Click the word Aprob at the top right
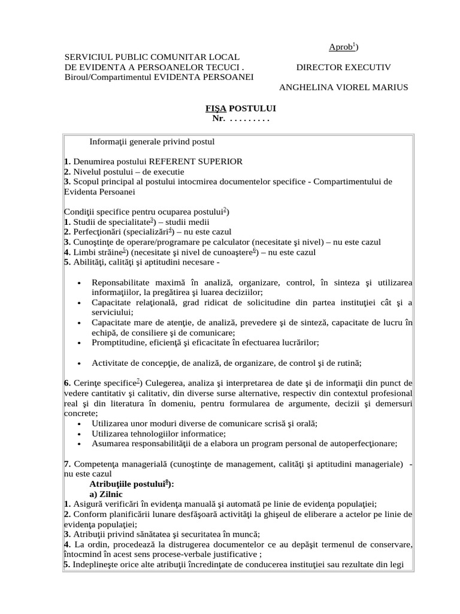(x=340, y=47)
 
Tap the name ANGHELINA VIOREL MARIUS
(x=343, y=87)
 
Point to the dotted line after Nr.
(x=250, y=118)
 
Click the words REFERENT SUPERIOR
(x=196, y=161)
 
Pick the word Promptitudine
(x=119, y=342)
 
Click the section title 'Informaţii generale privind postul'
(x=152, y=142)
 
